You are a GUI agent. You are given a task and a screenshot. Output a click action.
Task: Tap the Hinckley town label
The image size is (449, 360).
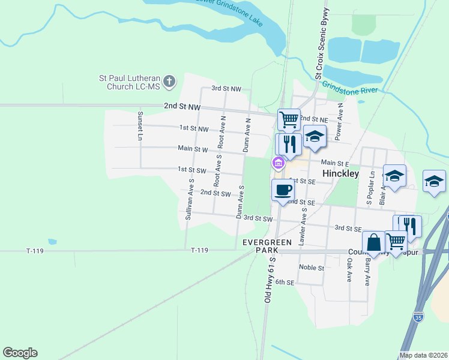(x=340, y=173)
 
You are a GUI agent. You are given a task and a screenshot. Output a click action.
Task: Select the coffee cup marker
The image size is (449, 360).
(x=283, y=190)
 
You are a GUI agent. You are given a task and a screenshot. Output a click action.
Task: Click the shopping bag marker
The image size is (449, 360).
(x=373, y=243)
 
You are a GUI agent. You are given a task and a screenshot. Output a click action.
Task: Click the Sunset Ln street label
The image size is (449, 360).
(x=140, y=126)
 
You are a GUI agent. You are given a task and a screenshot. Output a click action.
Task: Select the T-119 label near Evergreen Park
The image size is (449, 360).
(x=199, y=250)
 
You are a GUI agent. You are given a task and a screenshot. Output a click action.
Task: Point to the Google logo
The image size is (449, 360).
(x=20, y=353)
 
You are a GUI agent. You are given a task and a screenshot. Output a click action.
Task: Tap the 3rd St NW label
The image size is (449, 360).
(x=226, y=89)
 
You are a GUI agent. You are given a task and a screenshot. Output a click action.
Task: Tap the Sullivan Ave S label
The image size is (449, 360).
(x=189, y=199)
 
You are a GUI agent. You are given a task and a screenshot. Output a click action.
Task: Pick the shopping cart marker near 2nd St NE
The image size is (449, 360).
(x=289, y=119)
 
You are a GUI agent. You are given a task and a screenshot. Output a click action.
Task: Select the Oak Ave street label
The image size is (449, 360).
(x=349, y=270)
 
